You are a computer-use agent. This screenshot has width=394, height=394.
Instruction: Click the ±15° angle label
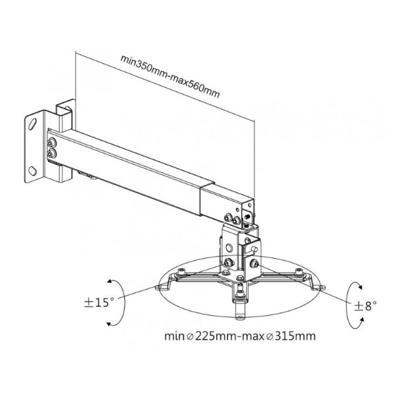[98, 304]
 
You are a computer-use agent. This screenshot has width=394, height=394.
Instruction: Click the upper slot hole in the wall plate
[31, 123]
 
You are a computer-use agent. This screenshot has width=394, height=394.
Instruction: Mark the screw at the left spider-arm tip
[158, 287]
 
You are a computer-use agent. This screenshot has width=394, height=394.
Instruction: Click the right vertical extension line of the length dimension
[253, 158]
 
